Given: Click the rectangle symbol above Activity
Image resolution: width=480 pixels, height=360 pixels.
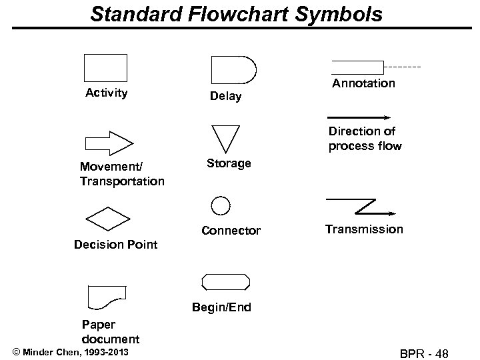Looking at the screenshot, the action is click(105, 67).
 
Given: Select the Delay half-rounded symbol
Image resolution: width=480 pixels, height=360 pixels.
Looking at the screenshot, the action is click(233, 69).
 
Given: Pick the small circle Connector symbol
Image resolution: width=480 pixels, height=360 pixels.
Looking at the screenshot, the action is click(221, 205).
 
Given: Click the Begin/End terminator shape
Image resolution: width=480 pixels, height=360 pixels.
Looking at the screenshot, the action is click(227, 281).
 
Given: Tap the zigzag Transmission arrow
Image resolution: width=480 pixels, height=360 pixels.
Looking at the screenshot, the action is click(361, 206).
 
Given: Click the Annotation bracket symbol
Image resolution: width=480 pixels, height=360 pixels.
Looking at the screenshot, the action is click(358, 67).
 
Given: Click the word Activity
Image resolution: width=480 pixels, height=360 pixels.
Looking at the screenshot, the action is click(107, 93).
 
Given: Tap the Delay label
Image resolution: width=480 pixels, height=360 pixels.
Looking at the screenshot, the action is click(225, 97).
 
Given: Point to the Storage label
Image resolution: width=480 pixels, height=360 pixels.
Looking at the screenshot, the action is click(228, 163).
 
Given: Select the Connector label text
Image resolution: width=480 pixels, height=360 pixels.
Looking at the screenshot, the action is click(231, 231).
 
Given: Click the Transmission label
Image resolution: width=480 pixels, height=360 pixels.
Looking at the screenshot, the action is click(364, 229).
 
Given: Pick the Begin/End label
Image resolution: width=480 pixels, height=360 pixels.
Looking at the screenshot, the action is click(222, 307).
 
